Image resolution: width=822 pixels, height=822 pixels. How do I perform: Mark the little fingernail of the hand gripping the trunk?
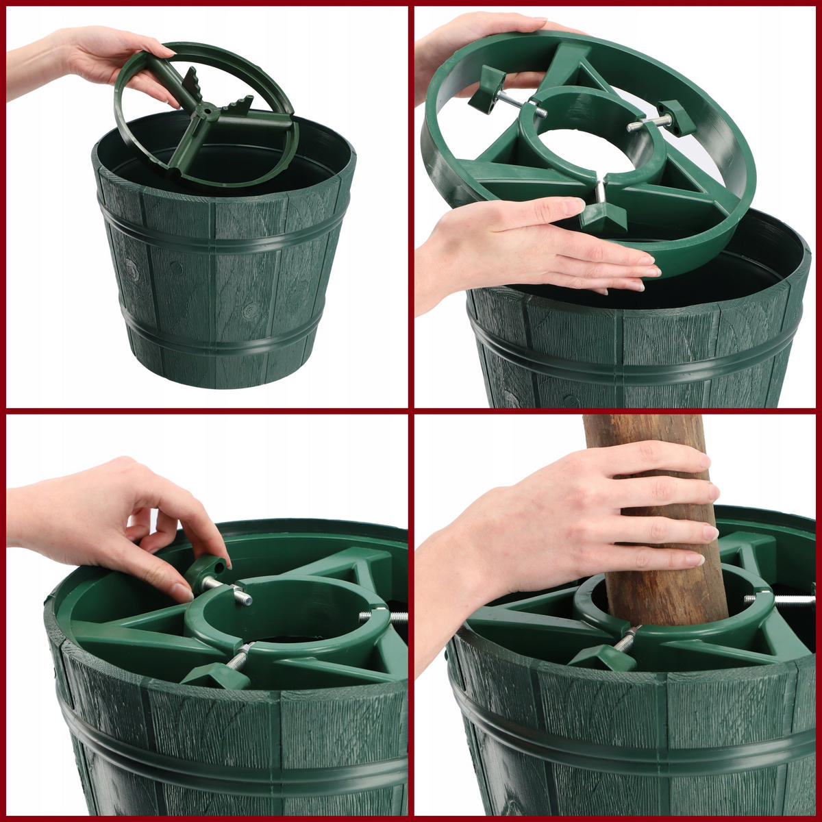[x=694, y=560]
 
